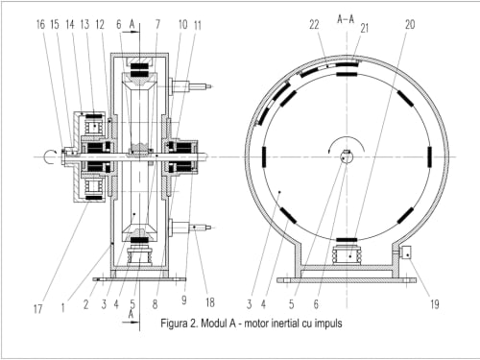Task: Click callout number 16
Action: (x=40, y=24)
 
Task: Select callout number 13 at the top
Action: (x=85, y=24)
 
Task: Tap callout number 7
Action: (x=157, y=24)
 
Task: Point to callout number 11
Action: (x=198, y=25)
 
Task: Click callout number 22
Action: (x=314, y=24)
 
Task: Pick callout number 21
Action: (x=365, y=28)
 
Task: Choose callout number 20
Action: (x=410, y=24)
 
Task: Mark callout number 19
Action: (x=435, y=303)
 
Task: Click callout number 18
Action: (x=210, y=302)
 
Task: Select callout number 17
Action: (x=37, y=309)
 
